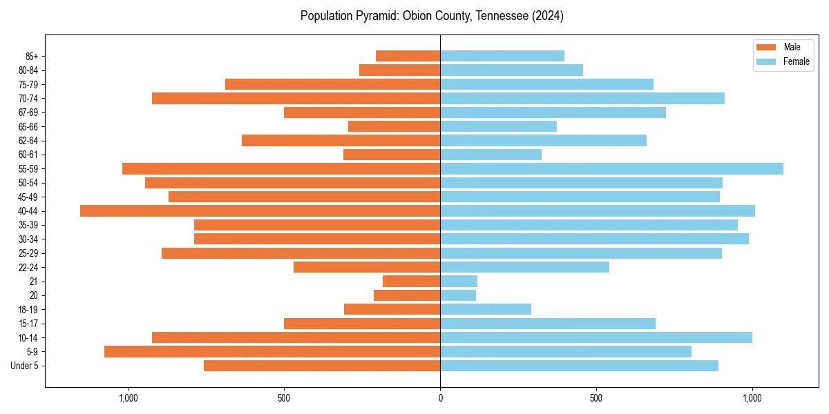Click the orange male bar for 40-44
[260, 211]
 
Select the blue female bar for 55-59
[611, 169]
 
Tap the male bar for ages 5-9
[272, 352]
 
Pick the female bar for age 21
[459, 282]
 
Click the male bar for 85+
[408, 56]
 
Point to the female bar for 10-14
[595, 337]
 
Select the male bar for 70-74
[296, 99]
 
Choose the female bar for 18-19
[486, 309]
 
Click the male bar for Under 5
[322, 366]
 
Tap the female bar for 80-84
[511, 70]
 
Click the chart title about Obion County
[432, 16]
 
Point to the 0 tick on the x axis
[440, 398]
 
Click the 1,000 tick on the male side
[128, 398]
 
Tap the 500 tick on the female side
[596, 398]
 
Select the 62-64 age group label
[28, 141]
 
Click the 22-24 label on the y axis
[28, 268]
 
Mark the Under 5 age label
[25, 366]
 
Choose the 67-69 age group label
[28, 112]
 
